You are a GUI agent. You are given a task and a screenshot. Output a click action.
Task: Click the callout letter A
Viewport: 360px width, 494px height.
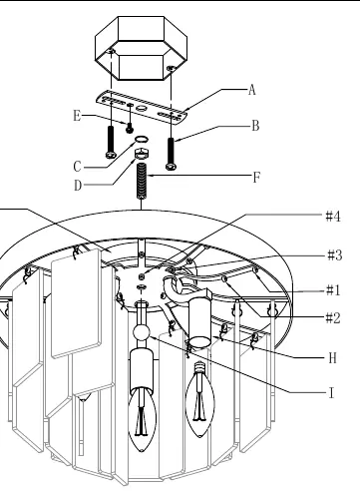coord(252,90)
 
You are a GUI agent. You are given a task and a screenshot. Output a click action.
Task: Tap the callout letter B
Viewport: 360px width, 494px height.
coord(255,126)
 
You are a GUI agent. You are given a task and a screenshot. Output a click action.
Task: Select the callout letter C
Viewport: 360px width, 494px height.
coord(77,167)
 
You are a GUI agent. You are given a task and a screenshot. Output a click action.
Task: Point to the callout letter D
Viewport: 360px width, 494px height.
coord(78,186)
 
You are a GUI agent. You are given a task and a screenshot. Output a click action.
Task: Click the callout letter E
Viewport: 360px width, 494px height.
coord(77,116)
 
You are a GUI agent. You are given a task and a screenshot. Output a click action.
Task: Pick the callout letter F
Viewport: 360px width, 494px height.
coord(256,178)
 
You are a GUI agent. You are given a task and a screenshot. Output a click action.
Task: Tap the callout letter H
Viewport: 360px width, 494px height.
coord(333,358)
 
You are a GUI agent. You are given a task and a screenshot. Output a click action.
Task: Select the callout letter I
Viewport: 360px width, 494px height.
coord(331,393)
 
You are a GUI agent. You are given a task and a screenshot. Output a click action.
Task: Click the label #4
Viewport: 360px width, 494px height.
coord(333,217)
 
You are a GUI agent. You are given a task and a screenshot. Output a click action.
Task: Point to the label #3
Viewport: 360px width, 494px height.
coord(335,255)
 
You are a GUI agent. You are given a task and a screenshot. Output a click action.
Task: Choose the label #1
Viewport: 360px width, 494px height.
coord(333,290)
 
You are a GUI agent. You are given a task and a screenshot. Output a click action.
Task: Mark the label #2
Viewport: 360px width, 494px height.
coord(333,318)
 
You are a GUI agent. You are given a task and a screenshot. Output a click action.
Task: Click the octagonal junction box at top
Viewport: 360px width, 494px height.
coord(142,48)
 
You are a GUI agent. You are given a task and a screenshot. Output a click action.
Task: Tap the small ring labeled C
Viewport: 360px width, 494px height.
coord(142,139)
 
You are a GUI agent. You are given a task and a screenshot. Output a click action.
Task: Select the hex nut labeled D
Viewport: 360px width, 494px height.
coord(142,154)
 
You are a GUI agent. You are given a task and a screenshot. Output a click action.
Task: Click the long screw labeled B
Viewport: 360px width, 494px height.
coord(171,154)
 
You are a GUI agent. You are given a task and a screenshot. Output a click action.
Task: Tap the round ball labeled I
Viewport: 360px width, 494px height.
coord(142,332)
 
